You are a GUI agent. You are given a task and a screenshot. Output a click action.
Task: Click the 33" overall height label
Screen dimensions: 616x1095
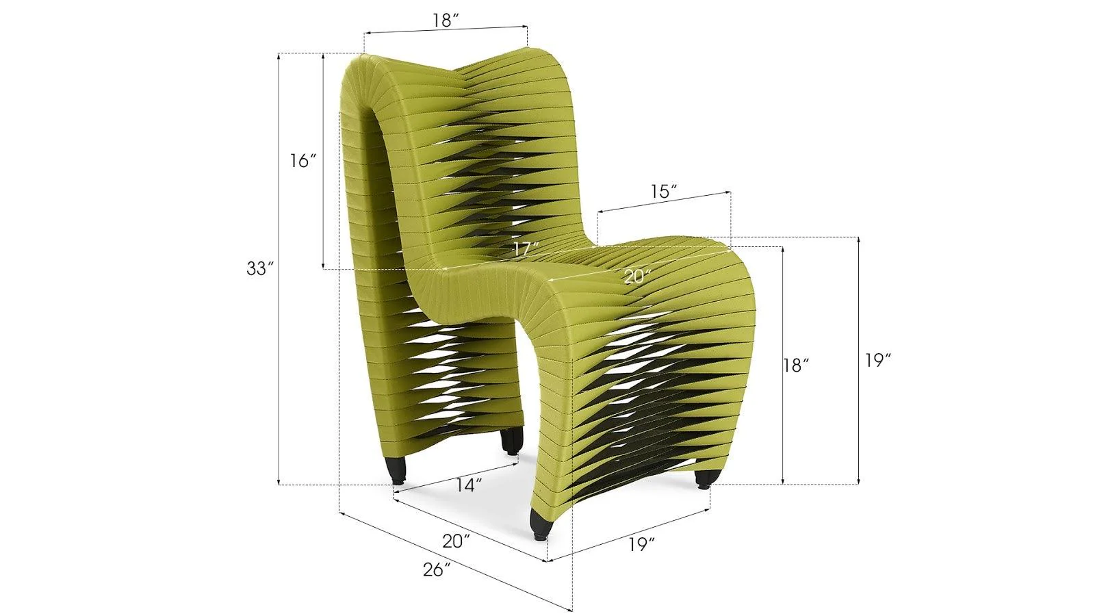(x=260, y=269)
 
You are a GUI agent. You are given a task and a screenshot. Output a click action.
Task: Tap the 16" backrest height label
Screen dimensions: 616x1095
(x=302, y=162)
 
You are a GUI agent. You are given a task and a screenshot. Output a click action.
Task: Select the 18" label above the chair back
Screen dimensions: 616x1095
(x=445, y=21)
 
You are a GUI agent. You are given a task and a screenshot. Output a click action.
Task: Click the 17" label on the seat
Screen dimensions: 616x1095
(x=526, y=249)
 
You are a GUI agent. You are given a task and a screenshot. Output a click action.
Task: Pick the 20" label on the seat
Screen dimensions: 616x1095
(x=637, y=277)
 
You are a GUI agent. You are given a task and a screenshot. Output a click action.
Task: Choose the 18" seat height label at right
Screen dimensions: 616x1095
(x=797, y=365)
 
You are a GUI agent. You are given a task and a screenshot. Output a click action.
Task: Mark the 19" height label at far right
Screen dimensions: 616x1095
(x=877, y=361)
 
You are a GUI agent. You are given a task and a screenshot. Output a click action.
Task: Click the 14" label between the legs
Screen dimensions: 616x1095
(x=469, y=485)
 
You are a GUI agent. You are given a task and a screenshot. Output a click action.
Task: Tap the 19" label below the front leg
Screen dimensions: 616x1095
(x=642, y=545)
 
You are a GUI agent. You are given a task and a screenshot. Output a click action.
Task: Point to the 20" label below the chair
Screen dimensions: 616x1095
(x=456, y=541)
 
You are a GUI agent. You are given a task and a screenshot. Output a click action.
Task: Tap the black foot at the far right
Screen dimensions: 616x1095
(x=703, y=479)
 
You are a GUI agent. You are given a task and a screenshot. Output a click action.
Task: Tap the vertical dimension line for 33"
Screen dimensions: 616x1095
(x=279, y=342)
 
